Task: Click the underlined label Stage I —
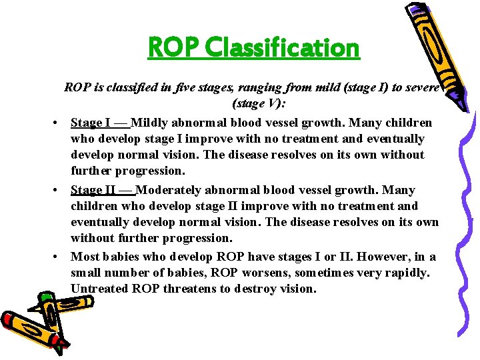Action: click(100, 123)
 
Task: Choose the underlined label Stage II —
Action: click(103, 190)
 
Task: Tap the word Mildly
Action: click(151, 123)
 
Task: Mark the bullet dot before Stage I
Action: click(59, 123)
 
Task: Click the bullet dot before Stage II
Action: click(59, 191)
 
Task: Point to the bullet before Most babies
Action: click(59, 257)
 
